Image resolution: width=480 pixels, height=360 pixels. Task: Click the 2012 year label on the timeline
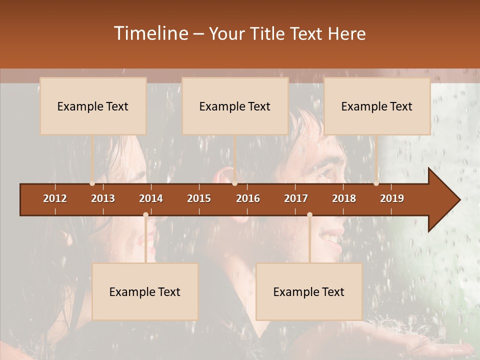click(x=55, y=198)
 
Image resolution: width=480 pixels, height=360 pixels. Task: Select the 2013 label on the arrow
click(x=103, y=198)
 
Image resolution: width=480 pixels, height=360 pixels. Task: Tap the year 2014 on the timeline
click(x=151, y=198)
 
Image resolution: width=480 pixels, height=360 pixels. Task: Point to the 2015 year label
click(x=199, y=198)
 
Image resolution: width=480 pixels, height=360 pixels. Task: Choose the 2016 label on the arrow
click(x=248, y=198)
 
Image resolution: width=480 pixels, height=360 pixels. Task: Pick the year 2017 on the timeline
click(x=296, y=198)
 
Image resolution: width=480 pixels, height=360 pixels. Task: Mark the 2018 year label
click(x=344, y=198)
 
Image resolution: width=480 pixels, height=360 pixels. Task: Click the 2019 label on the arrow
click(x=392, y=198)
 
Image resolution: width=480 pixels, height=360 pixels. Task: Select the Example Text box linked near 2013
click(x=93, y=106)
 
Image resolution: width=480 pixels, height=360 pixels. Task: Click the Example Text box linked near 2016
click(x=235, y=106)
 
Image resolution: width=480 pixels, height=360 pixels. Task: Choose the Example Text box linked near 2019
click(x=377, y=106)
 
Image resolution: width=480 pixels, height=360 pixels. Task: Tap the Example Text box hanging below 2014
click(x=145, y=291)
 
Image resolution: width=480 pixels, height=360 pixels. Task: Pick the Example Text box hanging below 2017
click(x=309, y=291)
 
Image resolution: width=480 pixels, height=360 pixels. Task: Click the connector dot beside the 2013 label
click(x=92, y=183)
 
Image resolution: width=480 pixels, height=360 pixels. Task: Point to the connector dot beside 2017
click(x=309, y=214)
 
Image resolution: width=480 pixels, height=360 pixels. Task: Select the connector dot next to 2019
click(x=376, y=183)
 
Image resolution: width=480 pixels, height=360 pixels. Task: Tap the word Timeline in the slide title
click(x=150, y=33)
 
